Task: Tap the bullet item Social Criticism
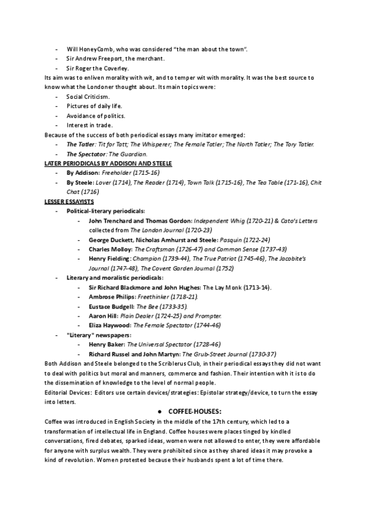click(x=88, y=97)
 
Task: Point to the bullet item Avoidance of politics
click(x=96, y=116)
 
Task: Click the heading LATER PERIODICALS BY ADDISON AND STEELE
click(x=109, y=164)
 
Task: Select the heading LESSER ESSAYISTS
click(x=69, y=201)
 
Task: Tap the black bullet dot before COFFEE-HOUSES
click(x=159, y=411)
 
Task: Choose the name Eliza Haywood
click(x=110, y=325)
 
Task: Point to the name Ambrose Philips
click(x=112, y=297)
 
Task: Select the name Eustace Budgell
click(x=112, y=306)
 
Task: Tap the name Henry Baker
click(x=105, y=345)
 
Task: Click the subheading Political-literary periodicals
click(x=105, y=211)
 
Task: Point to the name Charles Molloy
click(x=110, y=250)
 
